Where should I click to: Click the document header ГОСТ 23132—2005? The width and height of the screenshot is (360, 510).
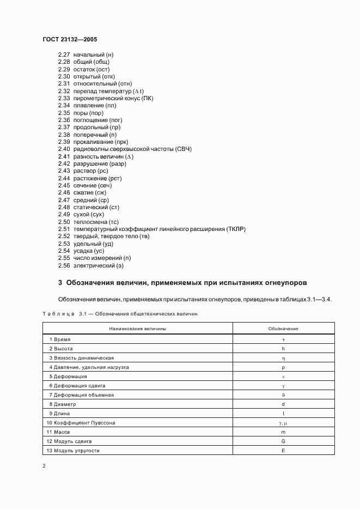[70, 39]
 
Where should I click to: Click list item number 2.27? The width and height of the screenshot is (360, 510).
[64, 54]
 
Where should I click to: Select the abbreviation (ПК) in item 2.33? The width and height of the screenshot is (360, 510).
[147, 98]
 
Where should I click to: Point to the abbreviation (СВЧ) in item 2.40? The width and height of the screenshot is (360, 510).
[183, 149]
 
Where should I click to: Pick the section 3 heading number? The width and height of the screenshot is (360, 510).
[60, 283]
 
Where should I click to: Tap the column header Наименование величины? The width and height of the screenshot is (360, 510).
[138, 329]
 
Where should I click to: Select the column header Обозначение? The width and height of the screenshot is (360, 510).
[283, 329]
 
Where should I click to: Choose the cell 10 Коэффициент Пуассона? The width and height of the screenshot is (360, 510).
[81, 423]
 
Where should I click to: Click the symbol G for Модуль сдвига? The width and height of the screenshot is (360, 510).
[283, 441]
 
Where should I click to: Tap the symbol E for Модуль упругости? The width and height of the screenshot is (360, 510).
[283, 451]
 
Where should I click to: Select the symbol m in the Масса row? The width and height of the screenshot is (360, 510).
[283, 432]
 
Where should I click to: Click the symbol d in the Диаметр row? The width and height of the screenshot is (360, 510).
[283, 404]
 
